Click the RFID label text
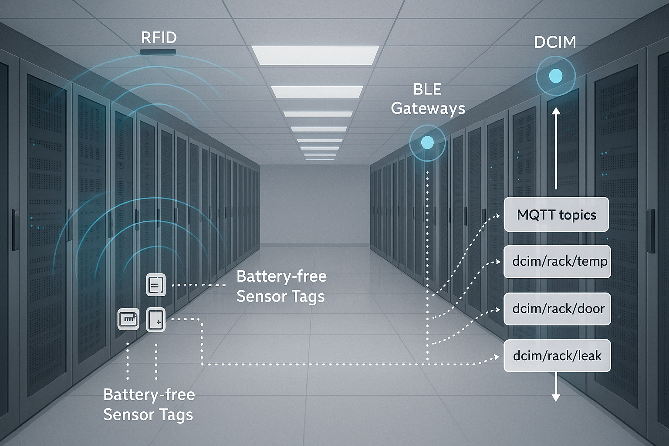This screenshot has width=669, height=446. (x=159, y=38)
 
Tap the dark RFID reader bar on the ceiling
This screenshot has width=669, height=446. (x=158, y=52)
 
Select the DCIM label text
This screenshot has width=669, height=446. (x=555, y=42)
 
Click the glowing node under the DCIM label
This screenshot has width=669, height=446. (x=555, y=76)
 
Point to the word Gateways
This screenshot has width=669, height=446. (x=428, y=108)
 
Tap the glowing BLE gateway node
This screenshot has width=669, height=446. (x=427, y=142)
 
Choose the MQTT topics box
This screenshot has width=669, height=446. (x=556, y=215)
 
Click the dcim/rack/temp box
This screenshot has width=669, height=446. (x=557, y=262)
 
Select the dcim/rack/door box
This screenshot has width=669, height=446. (x=557, y=309)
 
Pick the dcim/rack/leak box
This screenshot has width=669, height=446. (x=557, y=356)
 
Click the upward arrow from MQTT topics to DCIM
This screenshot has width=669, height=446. (x=556, y=148)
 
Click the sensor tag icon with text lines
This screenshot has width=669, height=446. (x=156, y=285)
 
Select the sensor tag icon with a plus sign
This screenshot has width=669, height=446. (x=156, y=320)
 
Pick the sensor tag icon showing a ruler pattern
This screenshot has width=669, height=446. (x=128, y=319)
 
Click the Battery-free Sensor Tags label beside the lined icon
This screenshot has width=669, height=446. (x=281, y=286)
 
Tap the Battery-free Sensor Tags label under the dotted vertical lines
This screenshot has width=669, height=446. (x=149, y=404)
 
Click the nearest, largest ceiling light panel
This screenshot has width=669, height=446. (x=315, y=55)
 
